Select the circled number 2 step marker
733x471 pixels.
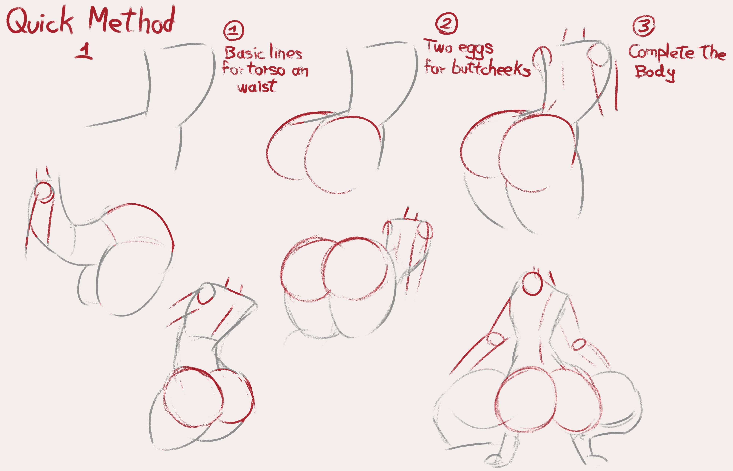(447, 23)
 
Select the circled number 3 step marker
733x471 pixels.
(644, 26)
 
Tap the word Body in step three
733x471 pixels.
(655, 73)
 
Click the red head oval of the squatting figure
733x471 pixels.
(532, 284)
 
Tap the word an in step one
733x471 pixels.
(300, 71)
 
